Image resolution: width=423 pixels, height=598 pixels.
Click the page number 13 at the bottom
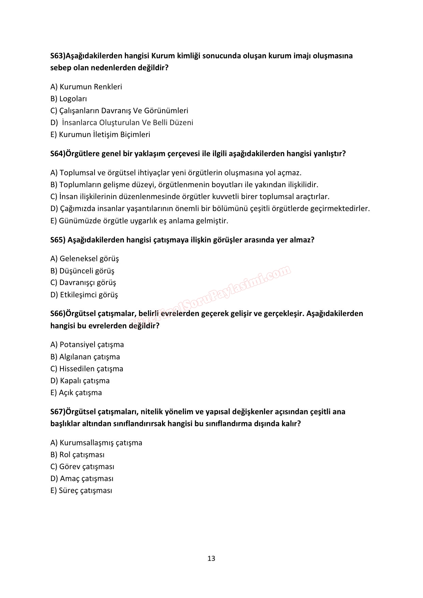(211, 558)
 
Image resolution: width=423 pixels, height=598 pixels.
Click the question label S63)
(58, 56)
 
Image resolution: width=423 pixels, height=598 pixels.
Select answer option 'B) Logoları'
(69, 99)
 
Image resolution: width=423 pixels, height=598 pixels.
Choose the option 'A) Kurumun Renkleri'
(86, 87)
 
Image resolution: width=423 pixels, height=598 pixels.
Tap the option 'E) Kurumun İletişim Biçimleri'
(100, 135)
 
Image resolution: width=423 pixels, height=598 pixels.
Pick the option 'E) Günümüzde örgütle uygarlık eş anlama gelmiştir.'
(139, 221)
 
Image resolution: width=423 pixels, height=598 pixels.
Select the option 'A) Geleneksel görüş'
(85, 259)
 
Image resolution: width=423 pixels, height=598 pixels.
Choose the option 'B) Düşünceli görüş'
(82, 271)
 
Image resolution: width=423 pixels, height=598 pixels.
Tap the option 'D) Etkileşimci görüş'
(84, 295)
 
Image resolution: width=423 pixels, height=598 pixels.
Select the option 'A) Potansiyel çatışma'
(87, 345)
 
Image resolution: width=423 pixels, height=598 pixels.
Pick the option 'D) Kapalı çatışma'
(80, 381)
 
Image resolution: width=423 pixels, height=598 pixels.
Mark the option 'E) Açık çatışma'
(76, 393)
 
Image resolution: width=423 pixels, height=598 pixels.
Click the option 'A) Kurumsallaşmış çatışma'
(96, 443)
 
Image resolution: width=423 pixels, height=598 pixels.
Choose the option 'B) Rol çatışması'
(77, 455)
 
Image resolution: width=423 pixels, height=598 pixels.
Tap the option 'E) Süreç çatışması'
(81, 491)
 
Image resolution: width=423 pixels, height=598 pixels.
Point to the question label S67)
(58, 412)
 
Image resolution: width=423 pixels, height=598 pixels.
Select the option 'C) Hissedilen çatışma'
(87, 369)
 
